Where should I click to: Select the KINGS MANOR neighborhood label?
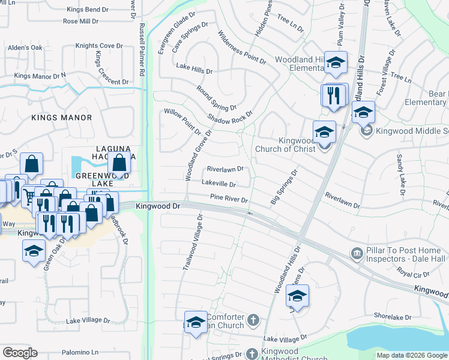pos(62,118)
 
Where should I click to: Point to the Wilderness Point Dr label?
pos(241,48)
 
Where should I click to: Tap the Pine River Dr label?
pos(229,198)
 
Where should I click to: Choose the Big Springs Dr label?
pos(284,187)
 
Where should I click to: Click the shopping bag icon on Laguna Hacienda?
pos(119,162)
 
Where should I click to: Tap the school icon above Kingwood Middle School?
pos(363,112)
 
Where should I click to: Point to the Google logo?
pos(20,352)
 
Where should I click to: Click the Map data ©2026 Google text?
pos(412,355)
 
